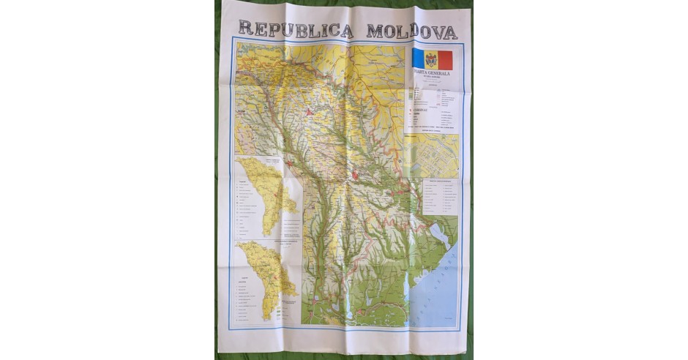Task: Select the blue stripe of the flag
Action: pos(419,59)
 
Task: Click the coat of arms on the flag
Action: pos(432,60)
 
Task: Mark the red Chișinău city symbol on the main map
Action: pos(356,175)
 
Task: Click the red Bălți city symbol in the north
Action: pos(310,112)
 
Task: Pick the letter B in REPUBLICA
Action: pos(293,29)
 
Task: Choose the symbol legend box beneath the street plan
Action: pos(439,196)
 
